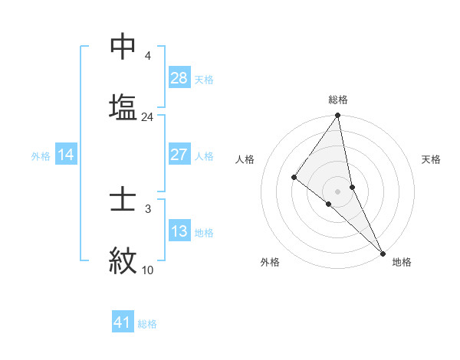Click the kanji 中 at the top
point(123,47)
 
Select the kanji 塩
point(123,106)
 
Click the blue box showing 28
point(179,78)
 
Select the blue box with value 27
point(179,155)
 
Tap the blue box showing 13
point(179,231)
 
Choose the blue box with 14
point(66,155)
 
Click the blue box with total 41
point(123,322)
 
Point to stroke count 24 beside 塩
point(147,117)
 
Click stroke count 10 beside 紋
point(147,270)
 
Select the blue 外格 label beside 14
point(41,156)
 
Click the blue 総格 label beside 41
point(147,324)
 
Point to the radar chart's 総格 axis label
point(338,100)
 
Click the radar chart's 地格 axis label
point(402,262)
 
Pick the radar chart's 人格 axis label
point(245,159)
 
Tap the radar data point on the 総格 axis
point(338,116)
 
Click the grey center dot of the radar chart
point(338,190)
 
